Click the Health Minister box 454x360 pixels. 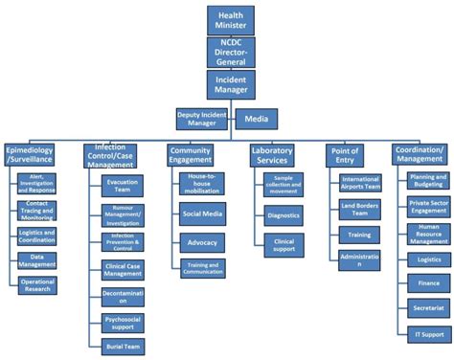[230, 20]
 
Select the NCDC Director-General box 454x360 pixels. [230, 51]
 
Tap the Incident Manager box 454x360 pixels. [230, 83]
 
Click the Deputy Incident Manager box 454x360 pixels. [202, 119]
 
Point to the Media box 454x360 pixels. [256, 119]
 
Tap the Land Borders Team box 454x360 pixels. [360, 208]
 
